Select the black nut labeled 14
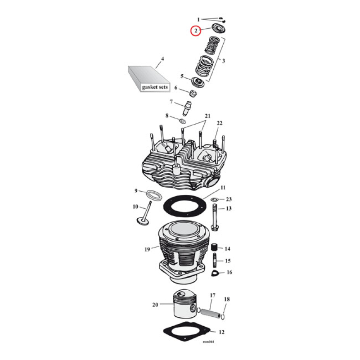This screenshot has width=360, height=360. [x=215, y=248]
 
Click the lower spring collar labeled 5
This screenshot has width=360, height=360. [x=198, y=82]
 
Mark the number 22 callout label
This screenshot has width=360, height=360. [x=220, y=123]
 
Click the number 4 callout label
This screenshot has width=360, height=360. [x=162, y=59]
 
